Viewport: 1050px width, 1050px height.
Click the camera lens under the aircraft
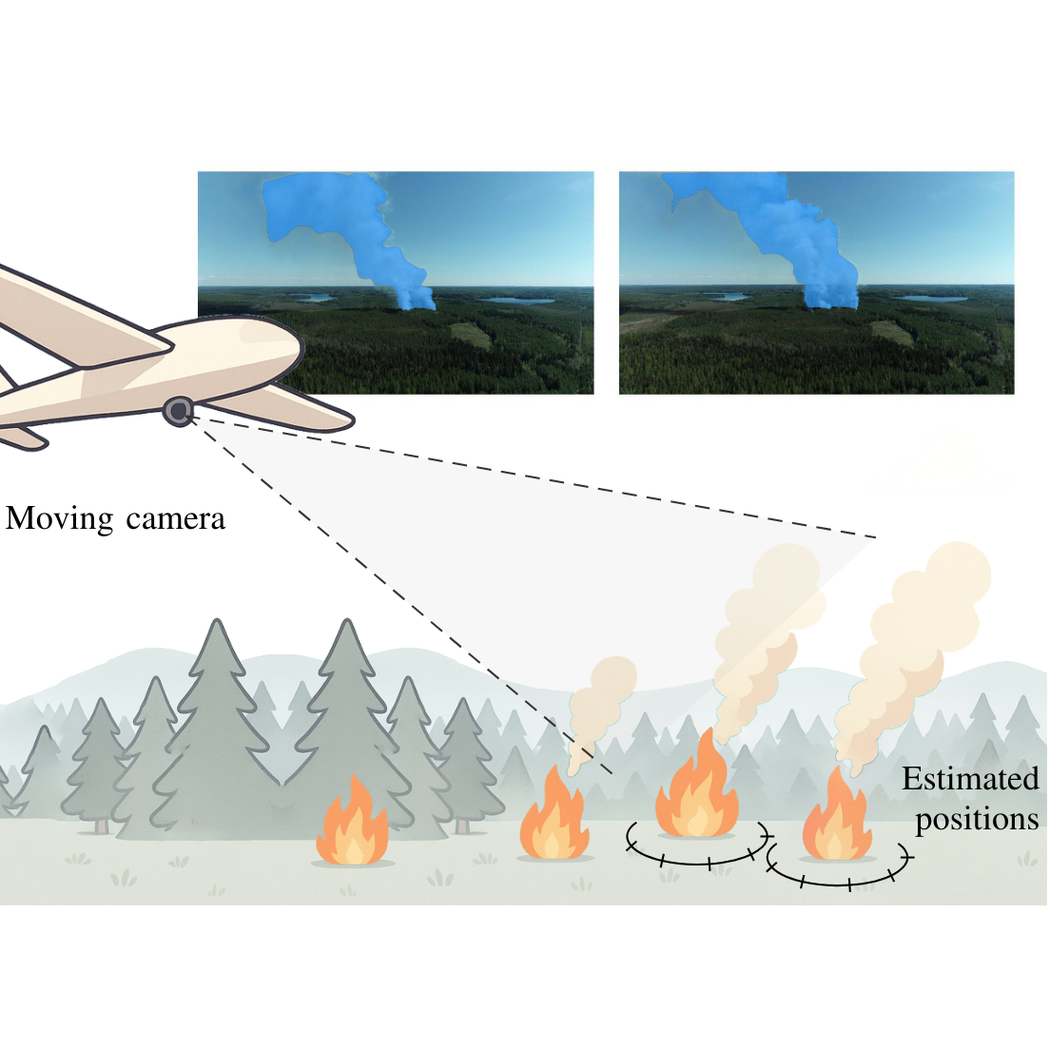click(x=178, y=411)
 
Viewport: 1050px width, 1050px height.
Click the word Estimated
click(x=969, y=779)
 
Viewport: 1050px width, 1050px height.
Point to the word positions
click(x=977, y=819)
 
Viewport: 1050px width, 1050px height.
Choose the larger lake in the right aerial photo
click(x=930, y=299)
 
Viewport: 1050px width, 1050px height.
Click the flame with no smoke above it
click(x=353, y=825)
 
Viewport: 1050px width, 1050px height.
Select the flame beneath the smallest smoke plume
click(x=554, y=820)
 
